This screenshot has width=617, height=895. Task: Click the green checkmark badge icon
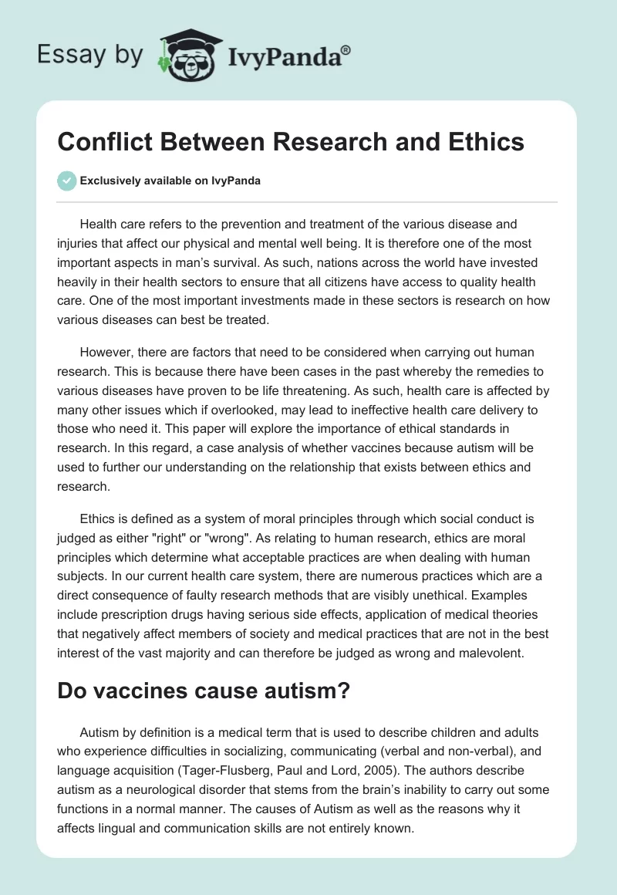(67, 181)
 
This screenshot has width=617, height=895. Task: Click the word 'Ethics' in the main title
(480, 143)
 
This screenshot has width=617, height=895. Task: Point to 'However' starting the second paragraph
(105, 353)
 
